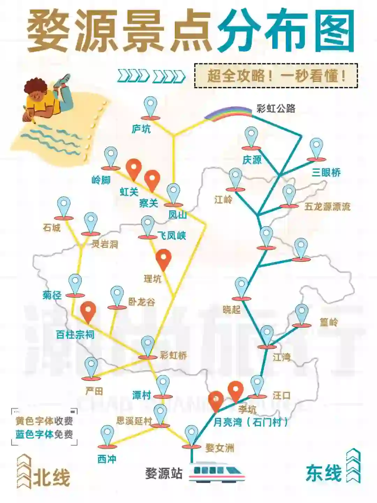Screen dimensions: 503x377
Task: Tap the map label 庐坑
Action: click(141, 129)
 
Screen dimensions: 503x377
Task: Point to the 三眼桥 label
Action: click(326, 172)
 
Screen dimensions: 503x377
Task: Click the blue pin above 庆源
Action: click(251, 136)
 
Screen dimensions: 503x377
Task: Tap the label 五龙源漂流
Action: click(327, 207)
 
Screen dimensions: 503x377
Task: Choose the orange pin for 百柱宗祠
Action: click(88, 311)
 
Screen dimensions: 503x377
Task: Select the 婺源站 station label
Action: click(164, 474)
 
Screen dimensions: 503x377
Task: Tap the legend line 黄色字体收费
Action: click(44, 421)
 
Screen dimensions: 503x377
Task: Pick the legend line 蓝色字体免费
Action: click(44, 434)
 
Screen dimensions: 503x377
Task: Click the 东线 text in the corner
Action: click(324, 474)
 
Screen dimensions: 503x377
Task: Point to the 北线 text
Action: click(52, 477)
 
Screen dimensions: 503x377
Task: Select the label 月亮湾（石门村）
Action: click(251, 422)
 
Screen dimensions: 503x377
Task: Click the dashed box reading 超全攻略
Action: click(276, 76)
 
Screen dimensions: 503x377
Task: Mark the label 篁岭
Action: click(328, 322)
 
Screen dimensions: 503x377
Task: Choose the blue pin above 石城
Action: click(64, 207)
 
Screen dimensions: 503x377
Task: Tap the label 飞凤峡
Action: click(171, 236)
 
